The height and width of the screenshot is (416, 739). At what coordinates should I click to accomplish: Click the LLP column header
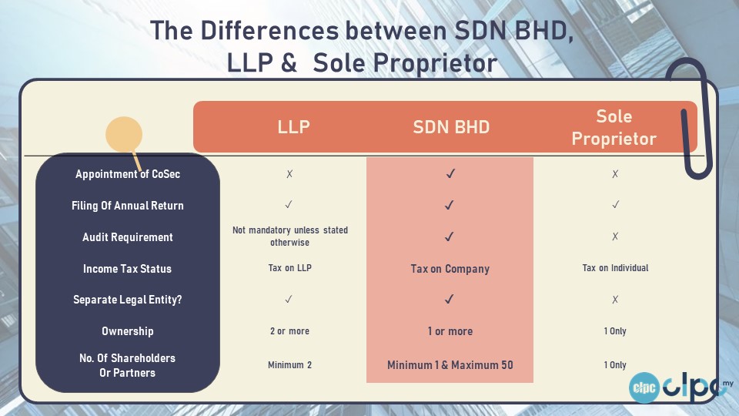click(x=293, y=127)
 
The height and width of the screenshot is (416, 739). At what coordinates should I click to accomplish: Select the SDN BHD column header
click(x=451, y=127)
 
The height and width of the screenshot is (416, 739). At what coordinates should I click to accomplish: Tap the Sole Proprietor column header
click(x=614, y=127)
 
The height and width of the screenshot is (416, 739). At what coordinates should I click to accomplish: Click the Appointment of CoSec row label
click(x=128, y=174)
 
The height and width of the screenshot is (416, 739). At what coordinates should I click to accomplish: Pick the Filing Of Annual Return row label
click(x=128, y=206)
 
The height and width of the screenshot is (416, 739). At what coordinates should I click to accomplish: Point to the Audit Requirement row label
click(x=128, y=237)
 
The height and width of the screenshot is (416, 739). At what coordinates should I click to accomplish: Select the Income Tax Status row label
click(x=127, y=269)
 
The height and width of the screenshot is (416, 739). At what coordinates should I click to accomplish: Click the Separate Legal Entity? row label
click(x=127, y=300)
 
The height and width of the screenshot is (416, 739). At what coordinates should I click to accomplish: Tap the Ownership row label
click(x=128, y=331)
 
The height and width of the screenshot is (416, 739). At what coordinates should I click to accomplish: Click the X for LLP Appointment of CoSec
click(x=289, y=174)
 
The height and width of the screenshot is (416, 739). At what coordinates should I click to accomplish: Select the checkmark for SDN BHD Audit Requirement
click(x=449, y=237)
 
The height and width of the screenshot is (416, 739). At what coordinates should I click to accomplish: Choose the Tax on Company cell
click(x=450, y=269)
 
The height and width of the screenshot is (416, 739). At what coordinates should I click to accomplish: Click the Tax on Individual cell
click(x=615, y=268)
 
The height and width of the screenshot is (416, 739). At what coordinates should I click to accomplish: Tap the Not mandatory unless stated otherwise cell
click(x=290, y=237)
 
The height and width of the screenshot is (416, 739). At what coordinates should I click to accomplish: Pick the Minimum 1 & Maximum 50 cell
click(x=450, y=365)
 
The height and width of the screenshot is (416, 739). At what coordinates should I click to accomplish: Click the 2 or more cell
click(x=289, y=331)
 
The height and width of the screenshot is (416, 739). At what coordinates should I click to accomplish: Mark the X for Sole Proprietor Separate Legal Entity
click(x=615, y=300)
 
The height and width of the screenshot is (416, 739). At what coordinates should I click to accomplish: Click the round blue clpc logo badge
click(x=644, y=387)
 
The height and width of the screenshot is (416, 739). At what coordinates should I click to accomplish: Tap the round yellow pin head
click(x=124, y=135)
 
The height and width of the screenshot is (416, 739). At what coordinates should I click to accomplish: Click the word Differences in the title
click(x=269, y=31)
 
